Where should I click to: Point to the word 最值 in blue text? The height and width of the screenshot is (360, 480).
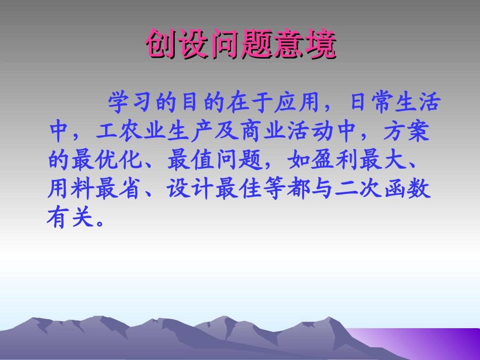pyautogui.click(x=190, y=161)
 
